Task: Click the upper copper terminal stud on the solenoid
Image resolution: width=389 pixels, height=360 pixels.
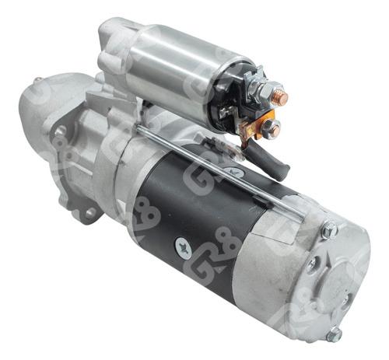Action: coord(279,98)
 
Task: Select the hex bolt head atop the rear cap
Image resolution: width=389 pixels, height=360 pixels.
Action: coord(330,230)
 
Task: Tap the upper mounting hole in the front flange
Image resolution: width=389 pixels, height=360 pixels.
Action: coord(60,132)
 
